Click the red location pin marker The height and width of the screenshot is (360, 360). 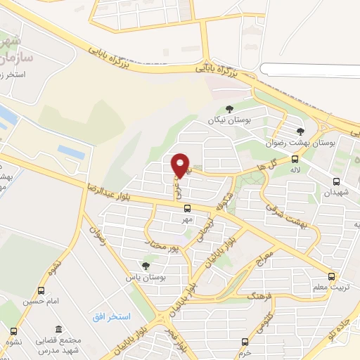181,165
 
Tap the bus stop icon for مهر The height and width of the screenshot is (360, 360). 186,208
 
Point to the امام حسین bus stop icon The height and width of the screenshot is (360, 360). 41,290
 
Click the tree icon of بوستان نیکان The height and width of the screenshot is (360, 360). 229,108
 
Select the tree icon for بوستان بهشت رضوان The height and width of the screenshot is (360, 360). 300,131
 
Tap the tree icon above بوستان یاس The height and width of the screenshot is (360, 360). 145,266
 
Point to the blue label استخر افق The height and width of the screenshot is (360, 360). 110,317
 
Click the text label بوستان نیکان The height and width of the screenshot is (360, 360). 229,120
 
